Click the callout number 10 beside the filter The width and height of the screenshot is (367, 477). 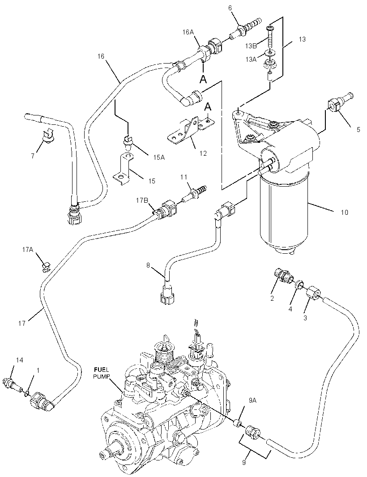pyautogui.click(x=344, y=212)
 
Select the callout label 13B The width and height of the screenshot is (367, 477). pyautogui.click(x=251, y=46)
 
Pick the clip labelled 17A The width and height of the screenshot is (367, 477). pyautogui.click(x=45, y=266)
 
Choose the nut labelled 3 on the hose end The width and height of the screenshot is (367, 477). pyautogui.click(x=313, y=294)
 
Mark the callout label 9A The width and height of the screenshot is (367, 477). pyautogui.click(x=252, y=400)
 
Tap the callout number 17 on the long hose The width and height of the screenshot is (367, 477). pyautogui.click(x=22, y=323)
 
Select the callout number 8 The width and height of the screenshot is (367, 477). pyautogui.click(x=148, y=265)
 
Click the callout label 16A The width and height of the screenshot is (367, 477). pyautogui.click(x=188, y=32)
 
